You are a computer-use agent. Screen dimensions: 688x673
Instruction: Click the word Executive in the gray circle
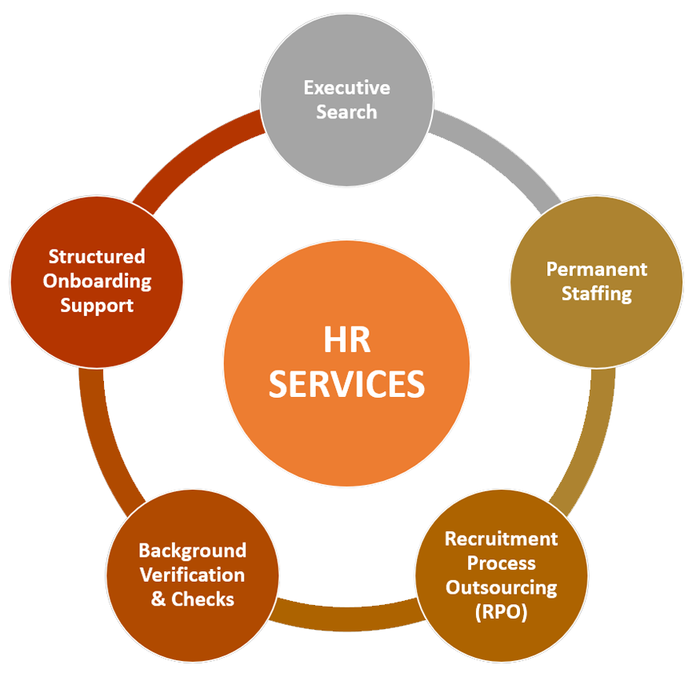click(346, 88)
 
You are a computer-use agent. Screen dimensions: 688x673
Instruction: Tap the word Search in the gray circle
click(346, 112)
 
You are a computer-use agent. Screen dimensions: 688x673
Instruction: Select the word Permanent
click(596, 269)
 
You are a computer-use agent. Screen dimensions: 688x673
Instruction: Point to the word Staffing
click(597, 294)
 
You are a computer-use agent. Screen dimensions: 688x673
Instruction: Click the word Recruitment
click(501, 539)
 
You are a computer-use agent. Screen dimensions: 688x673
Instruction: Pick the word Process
click(501, 563)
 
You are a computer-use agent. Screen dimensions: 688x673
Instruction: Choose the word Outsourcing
click(501, 588)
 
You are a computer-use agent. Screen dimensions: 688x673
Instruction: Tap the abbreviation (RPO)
click(501, 612)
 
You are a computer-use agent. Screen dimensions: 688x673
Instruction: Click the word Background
click(192, 551)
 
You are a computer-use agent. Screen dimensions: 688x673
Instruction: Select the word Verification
click(192, 575)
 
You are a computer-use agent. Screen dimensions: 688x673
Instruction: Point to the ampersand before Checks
click(158, 599)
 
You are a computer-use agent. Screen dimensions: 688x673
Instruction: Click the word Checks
click(202, 599)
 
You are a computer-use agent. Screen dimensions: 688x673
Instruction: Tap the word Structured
click(97, 256)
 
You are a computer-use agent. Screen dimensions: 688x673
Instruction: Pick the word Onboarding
click(97, 282)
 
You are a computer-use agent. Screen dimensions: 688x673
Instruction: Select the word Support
click(97, 306)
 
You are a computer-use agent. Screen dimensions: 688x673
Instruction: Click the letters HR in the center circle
click(346, 340)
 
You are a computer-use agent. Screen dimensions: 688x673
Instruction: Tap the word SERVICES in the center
click(346, 384)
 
